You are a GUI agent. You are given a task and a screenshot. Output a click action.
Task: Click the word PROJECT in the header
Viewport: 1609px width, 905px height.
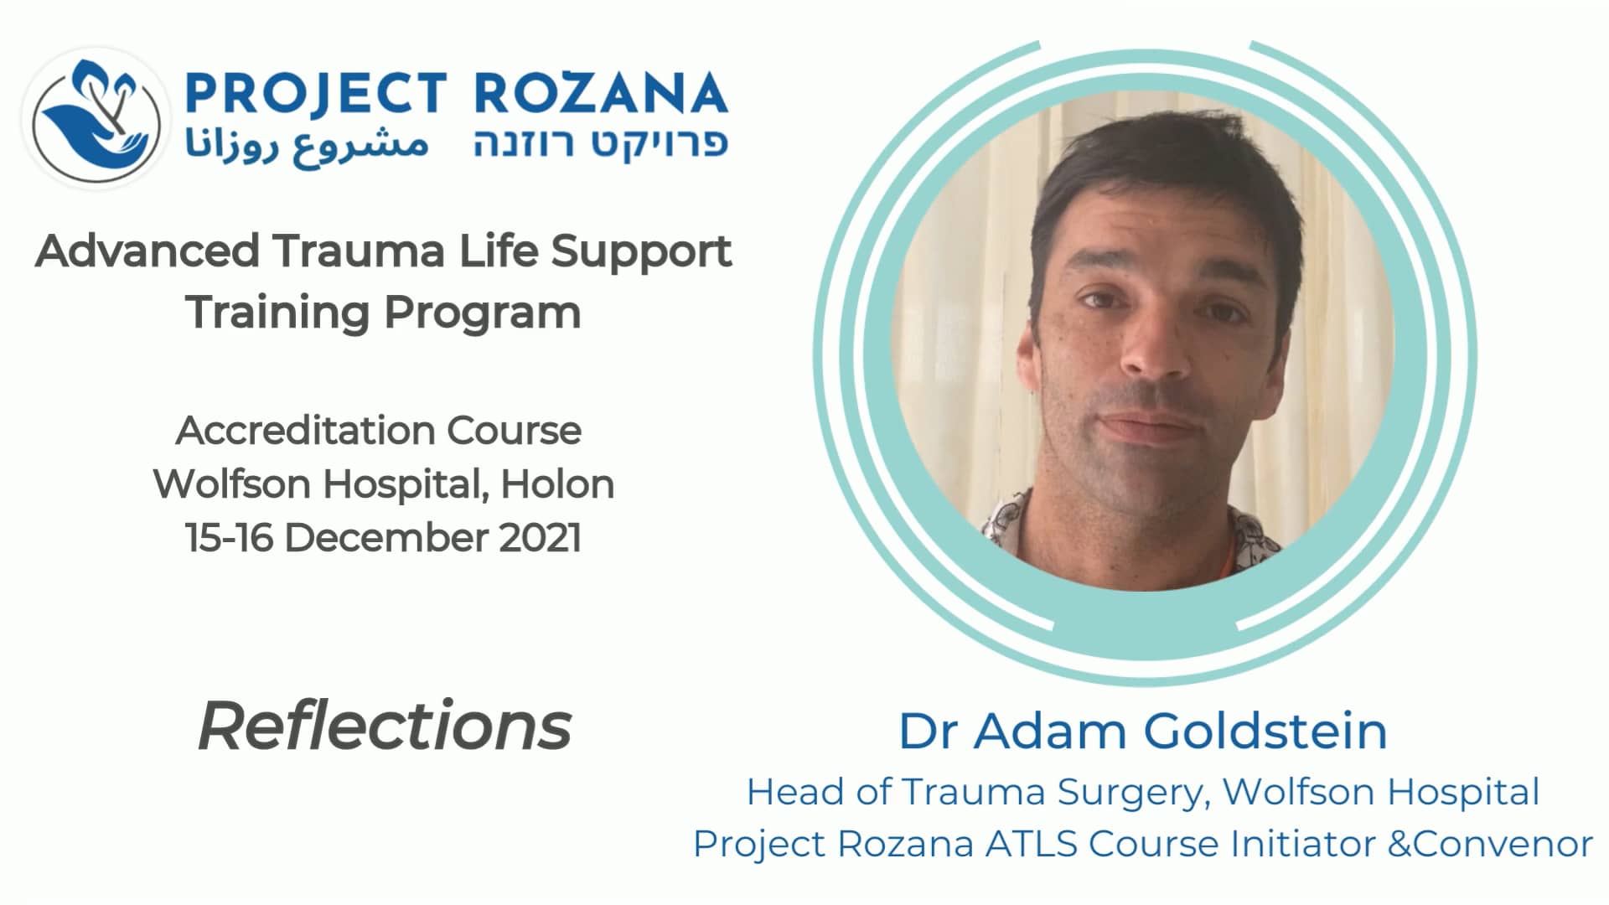click(x=315, y=93)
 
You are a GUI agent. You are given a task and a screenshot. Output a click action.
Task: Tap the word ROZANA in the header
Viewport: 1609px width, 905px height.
click(x=601, y=93)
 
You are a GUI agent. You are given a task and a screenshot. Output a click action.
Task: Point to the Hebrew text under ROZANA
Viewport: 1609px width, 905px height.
click(x=600, y=143)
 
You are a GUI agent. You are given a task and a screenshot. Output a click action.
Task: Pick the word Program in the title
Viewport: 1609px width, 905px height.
click(x=482, y=313)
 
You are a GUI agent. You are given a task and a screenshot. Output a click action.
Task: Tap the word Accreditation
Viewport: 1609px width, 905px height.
click(x=307, y=431)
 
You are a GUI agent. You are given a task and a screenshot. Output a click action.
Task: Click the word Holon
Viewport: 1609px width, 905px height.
click(x=557, y=484)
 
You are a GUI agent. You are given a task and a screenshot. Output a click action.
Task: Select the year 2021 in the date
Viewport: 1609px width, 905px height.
click(x=541, y=538)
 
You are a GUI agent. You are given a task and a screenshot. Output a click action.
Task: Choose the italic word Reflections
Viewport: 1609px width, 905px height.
click(x=385, y=727)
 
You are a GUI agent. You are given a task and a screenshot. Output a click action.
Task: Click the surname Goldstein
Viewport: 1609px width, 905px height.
click(x=1265, y=731)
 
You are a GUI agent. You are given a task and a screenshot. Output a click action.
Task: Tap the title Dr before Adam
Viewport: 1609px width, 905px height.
click(x=927, y=731)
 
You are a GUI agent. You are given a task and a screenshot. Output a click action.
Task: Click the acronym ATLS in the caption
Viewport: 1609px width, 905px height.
click(x=1031, y=844)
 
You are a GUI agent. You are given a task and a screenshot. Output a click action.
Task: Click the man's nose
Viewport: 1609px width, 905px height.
click(x=1156, y=352)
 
